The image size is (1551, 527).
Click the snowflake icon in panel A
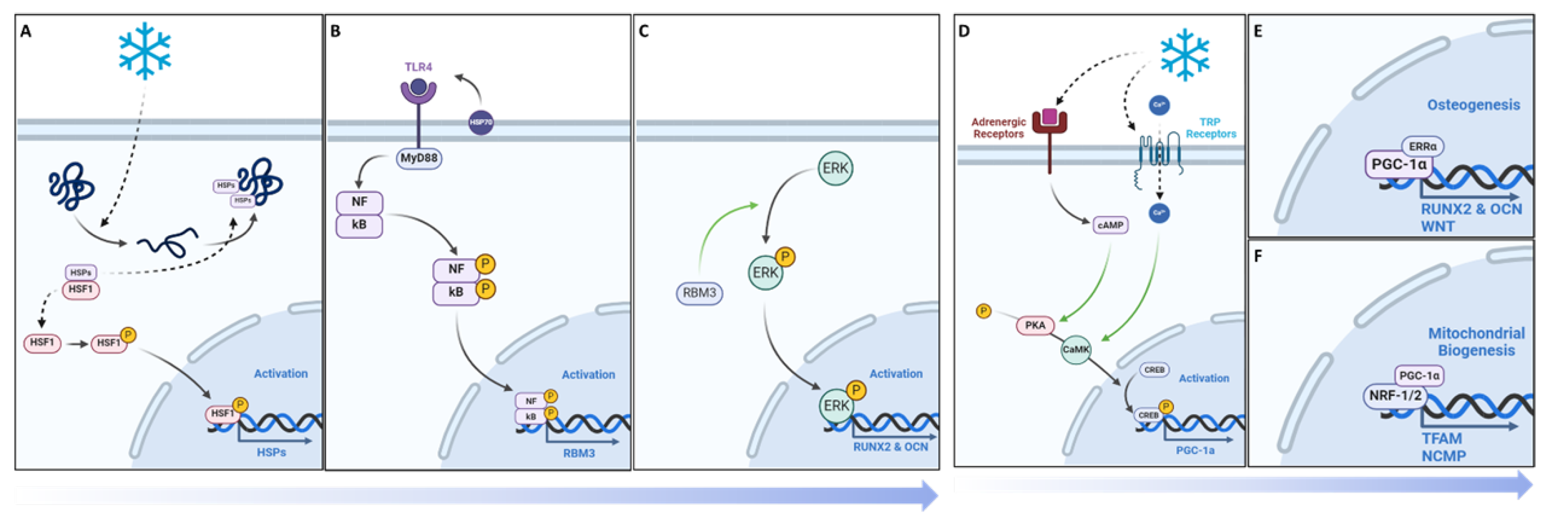pos(144,51)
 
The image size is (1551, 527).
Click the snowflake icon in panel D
pos(1185,54)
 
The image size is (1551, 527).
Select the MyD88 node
pos(419,159)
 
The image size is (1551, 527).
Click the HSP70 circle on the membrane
pos(481,122)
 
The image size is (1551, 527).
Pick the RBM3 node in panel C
pos(699,293)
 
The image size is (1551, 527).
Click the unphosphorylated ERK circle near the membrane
pos(835,168)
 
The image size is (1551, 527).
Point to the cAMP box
pos(1110,225)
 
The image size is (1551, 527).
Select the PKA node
pos(1035,325)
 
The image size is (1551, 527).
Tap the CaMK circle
pos(1075,349)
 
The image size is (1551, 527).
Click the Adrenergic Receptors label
pos(998,128)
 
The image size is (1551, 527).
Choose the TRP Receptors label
pos(1211,128)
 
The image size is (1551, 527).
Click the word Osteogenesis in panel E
pos(1473,105)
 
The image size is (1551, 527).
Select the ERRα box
pos(1422,146)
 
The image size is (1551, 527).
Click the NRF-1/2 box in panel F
pos(1395,396)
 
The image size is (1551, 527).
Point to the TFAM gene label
pos(1442,438)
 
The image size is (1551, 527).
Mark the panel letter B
pos(335,31)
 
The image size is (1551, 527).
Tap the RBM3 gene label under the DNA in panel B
pos(578,453)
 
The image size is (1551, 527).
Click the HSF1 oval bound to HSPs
pos(81,290)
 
